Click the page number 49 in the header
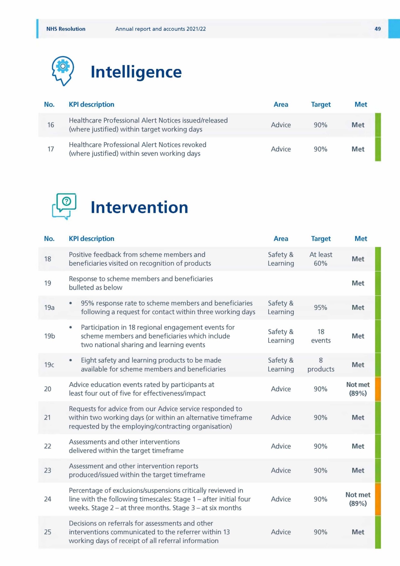click(377, 29)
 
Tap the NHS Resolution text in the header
click(66, 29)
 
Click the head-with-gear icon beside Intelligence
click(63, 71)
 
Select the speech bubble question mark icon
click(64, 206)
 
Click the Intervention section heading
click(139, 208)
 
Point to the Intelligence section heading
click(136, 72)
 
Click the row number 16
click(51, 125)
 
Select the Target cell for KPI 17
click(321, 149)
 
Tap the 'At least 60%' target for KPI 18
click(321, 259)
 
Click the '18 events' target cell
click(321, 336)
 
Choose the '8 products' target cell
click(321, 364)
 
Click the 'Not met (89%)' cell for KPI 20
click(358, 389)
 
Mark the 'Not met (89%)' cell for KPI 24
click(358, 499)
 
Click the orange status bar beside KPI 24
click(378, 499)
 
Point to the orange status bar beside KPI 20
click(378, 389)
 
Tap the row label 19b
click(49, 336)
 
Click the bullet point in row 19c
click(71, 360)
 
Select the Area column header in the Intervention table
click(281, 239)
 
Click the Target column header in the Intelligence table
click(321, 104)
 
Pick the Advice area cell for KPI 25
click(281, 532)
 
